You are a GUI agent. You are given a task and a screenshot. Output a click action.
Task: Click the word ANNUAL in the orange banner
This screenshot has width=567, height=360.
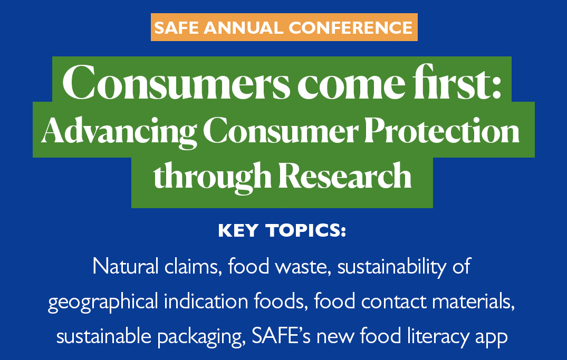pyautogui.click(x=243, y=28)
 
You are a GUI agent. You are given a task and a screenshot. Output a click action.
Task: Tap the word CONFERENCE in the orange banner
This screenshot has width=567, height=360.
pyautogui.click(x=350, y=28)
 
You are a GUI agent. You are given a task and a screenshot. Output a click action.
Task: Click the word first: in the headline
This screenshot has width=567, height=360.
pyautogui.click(x=457, y=82)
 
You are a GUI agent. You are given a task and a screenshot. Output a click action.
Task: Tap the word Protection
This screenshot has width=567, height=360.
pyautogui.click(x=442, y=130)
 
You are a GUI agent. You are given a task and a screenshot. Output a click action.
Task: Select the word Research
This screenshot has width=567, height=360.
pyautogui.click(x=345, y=176)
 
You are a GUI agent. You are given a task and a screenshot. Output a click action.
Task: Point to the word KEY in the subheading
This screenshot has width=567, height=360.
pyautogui.click(x=238, y=231)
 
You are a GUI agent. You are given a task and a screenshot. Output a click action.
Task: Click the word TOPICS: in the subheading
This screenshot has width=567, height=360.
pyautogui.click(x=306, y=231)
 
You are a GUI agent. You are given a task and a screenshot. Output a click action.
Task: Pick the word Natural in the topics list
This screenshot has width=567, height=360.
pyautogui.click(x=126, y=266)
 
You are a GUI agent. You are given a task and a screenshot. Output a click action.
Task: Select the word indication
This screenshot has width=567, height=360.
pyautogui.click(x=206, y=301)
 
